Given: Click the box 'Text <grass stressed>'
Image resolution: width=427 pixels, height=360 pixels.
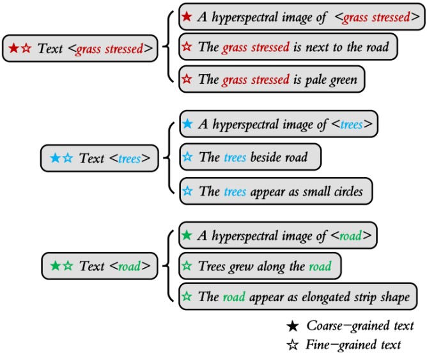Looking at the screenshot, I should click(x=80, y=49).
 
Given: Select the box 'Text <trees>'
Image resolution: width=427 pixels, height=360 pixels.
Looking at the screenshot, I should click(x=99, y=158).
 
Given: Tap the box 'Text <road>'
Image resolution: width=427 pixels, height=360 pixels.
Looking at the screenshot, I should click(x=100, y=266).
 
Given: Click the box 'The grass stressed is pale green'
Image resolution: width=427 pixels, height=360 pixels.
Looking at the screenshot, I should click(x=272, y=80).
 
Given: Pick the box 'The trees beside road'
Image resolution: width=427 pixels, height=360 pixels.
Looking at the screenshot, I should click(x=250, y=157).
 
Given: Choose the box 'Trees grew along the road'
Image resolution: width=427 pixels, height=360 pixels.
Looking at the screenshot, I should click(x=260, y=266).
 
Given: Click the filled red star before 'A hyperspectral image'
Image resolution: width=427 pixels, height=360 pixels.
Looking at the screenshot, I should click(x=187, y=17).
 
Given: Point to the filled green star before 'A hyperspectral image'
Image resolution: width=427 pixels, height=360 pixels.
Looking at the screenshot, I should click(x=187, y=235).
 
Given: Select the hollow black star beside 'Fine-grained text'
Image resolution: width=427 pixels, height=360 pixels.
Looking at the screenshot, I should click(x=293, y=345).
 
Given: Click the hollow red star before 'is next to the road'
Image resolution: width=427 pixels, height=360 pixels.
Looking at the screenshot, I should click(x=187, y=47).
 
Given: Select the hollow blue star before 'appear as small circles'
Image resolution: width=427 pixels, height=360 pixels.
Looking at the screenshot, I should click(x=187, y=191).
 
